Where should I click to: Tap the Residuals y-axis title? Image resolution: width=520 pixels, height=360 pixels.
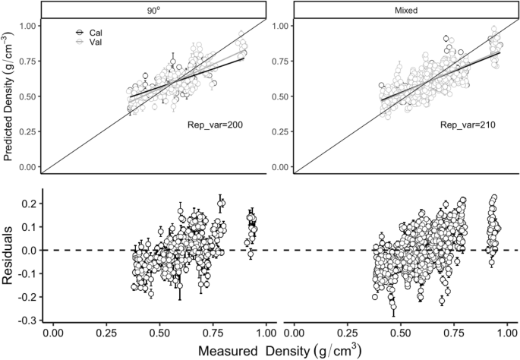10,255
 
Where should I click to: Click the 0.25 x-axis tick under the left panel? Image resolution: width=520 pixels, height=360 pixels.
106,331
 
